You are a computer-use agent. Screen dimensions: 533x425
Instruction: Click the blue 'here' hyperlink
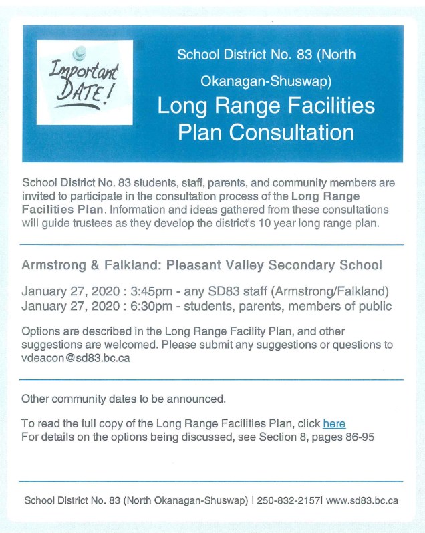tap(334, 423)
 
